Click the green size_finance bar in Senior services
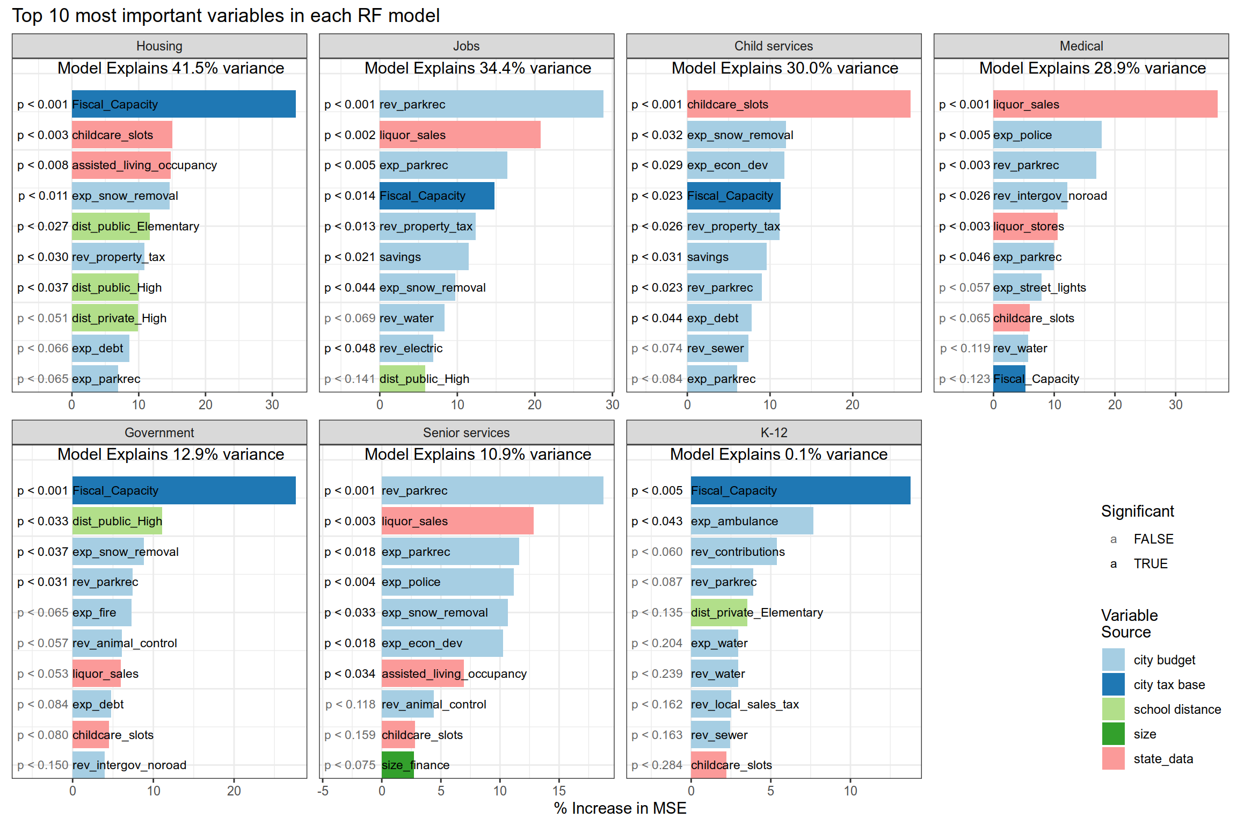tap(397, 765)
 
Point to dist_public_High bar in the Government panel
tap(117, 520)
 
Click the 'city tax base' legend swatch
tap(1113, 684)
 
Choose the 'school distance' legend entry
tap(1177, 709)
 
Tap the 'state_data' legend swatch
tap(1113, 758)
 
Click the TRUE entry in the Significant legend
tap(1151, 563)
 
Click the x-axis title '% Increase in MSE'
tap(620, 808)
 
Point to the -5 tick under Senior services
tap(323, 791)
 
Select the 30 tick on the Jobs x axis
tap(612, 404)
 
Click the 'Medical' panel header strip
tap(1081, 46)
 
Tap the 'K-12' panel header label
tap(774, 432)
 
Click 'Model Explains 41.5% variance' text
tap(171, 68)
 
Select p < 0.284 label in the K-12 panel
tap(657, 765)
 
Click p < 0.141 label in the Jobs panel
tap(350, 379)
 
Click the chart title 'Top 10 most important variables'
tap(225, 16)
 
